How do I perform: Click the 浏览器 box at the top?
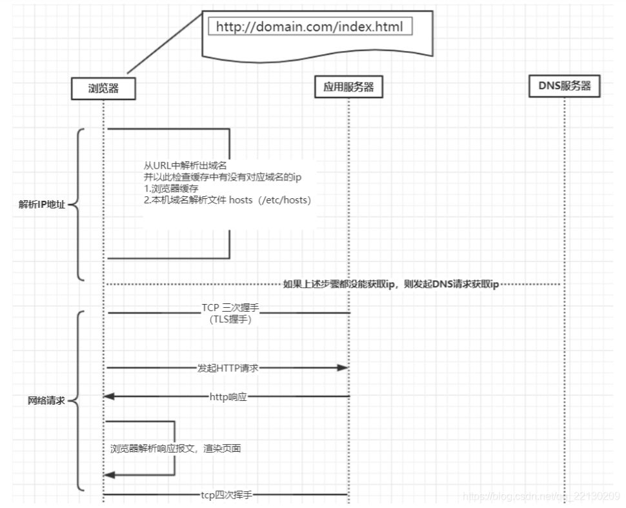point(103,88)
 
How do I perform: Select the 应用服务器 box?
point(348,86)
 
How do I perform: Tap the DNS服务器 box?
point(565,85)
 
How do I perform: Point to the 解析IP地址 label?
point(42,205)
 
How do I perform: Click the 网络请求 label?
point(46,401)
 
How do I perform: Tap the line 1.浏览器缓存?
point(171,188)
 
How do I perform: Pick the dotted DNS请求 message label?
point(391,284)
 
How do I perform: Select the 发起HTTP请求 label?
point(228,368)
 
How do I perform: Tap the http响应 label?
point(228,396)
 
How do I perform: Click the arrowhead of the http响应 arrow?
point(110,396)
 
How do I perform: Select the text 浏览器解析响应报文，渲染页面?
point(176,448)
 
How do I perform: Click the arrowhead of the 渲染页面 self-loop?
point(110,475)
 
